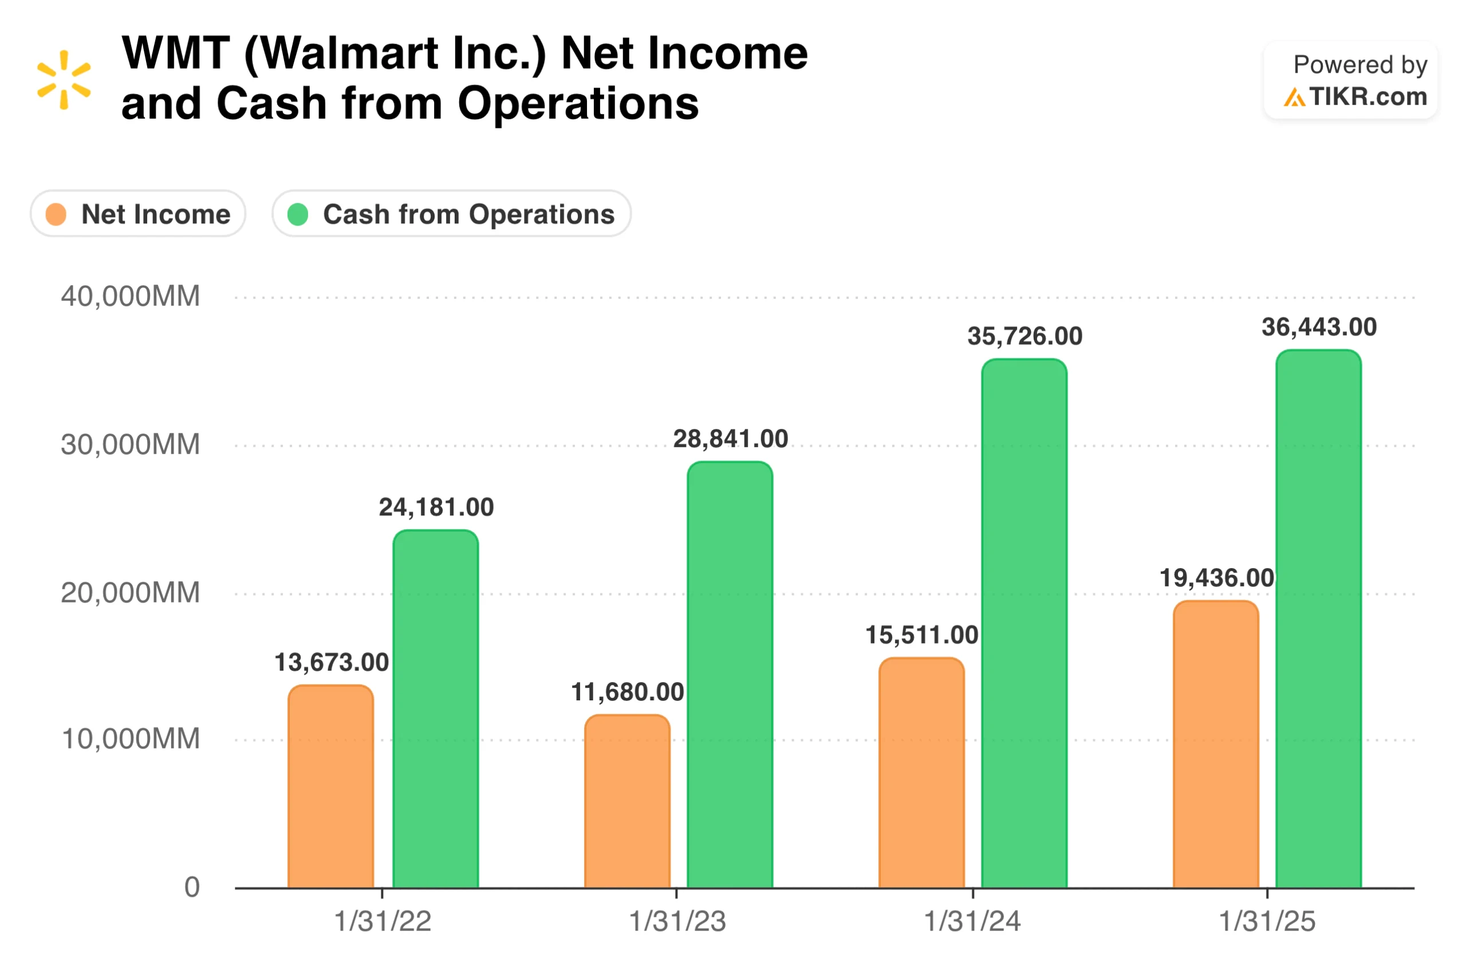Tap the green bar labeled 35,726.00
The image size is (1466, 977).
click(x=1024, y=623)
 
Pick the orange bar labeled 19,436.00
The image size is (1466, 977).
click(x=1215, y=744)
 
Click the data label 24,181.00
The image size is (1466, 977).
click(x=436, y=507)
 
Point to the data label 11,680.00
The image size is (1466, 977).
click(x=628, y=692)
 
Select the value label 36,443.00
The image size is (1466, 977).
click(x=1318, y=327)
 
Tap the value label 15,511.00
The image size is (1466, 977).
click(x=921, y=635)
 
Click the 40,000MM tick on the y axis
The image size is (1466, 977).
click(x=130, y=297)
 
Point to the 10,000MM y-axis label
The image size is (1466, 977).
click(x=130, y=739)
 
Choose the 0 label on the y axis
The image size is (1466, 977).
click(x=192, y=887)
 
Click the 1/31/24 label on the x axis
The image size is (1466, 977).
click(x=971, y=921)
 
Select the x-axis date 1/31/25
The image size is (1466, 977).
click(x=1266, y=921)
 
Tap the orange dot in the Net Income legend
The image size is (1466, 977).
click(x=56, y=214)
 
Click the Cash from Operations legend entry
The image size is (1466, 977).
click(x=451, y=214)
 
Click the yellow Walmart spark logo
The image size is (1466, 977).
click(x=64, y=80)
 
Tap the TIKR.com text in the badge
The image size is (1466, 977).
click(x=1367, y=97)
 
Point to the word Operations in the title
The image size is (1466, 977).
click(x=578, y=104)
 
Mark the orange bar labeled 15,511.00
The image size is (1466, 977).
click(x=921, y=773)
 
